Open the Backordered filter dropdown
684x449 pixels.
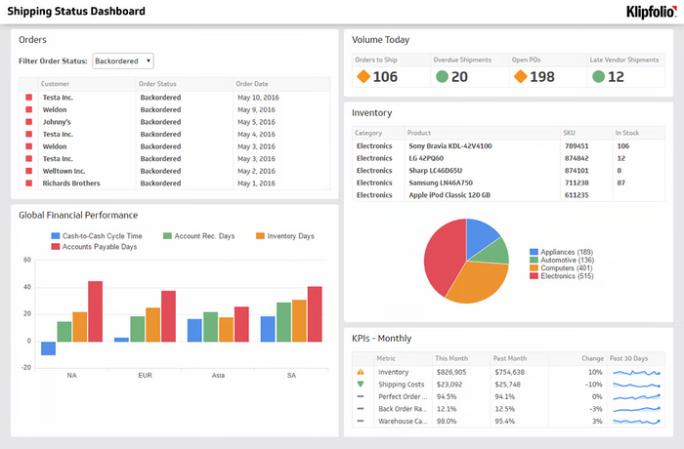pos(122,61)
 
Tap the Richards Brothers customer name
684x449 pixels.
pos(71,183)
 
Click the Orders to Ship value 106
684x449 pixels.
pos(385,77)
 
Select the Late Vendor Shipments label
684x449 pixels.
pos(623,60)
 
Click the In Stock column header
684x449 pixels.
pos(626,133)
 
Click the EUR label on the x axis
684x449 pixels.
pos(145,375)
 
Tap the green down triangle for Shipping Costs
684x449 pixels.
pos(361,384)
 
